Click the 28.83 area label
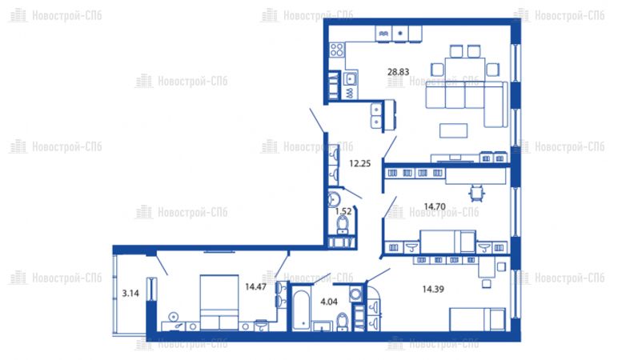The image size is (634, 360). pos(399,72)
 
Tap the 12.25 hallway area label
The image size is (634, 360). pos(360,164)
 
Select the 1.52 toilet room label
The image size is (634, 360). pos(343,211)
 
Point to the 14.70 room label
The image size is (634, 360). pos(435,206)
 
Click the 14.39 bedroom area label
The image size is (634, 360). pos(433,290)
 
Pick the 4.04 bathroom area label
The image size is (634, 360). pos(329,302)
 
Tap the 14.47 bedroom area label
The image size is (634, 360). pos(255,287)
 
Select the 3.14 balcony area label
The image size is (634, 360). pos(130,294)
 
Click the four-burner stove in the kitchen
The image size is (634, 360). pos(337,50)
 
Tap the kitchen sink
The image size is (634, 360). pos(350,78)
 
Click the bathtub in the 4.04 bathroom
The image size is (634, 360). pos(301,310)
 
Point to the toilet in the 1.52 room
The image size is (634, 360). pos(343,225)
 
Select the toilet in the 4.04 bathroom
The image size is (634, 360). pos(343,322)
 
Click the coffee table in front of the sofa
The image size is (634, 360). pos(453,130)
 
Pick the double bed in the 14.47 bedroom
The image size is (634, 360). pos(219,302)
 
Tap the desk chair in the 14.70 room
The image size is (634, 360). pos(477,193)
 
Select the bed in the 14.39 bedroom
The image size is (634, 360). pos(478,319)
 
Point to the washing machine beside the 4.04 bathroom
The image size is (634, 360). pos(355,294)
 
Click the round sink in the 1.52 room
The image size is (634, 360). pos(334,198)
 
